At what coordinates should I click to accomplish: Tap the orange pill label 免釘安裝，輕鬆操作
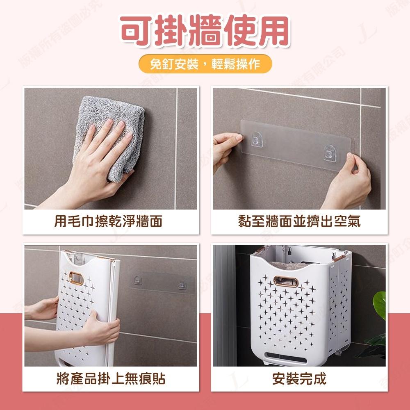pos(205,64)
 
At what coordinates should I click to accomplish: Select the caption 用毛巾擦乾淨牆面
pos(108,222)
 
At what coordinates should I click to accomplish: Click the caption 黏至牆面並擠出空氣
pos(299,222)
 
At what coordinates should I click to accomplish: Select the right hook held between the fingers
pos(330,153)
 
